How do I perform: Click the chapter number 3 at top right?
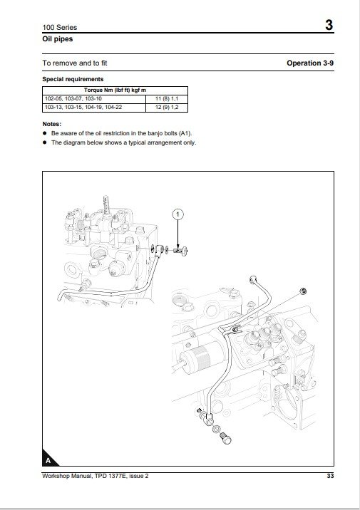329,25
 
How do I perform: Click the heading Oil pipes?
57,39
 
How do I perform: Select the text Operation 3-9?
310,63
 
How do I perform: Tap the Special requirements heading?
73,79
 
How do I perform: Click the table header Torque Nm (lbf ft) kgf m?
115,90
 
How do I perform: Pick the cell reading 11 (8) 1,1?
167,98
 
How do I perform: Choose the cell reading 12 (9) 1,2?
167,108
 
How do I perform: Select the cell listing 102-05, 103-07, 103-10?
73,98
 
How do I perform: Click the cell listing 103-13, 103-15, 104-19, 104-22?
83,108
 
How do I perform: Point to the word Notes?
52,124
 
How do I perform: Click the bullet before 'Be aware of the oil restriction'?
45,133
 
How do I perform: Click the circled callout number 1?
178,214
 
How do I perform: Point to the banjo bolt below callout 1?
180,251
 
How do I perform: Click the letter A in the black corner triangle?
48,461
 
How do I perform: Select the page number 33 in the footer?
330,476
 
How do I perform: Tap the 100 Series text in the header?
60,27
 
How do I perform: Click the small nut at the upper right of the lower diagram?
303,291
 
